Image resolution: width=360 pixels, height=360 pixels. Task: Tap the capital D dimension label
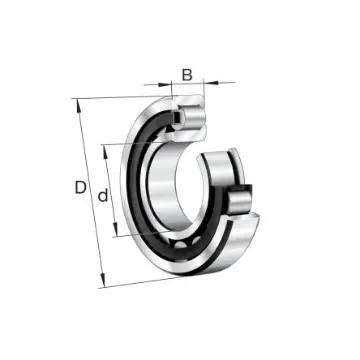[79, 188]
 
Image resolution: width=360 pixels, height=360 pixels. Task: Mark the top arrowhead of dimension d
[106, 147]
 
